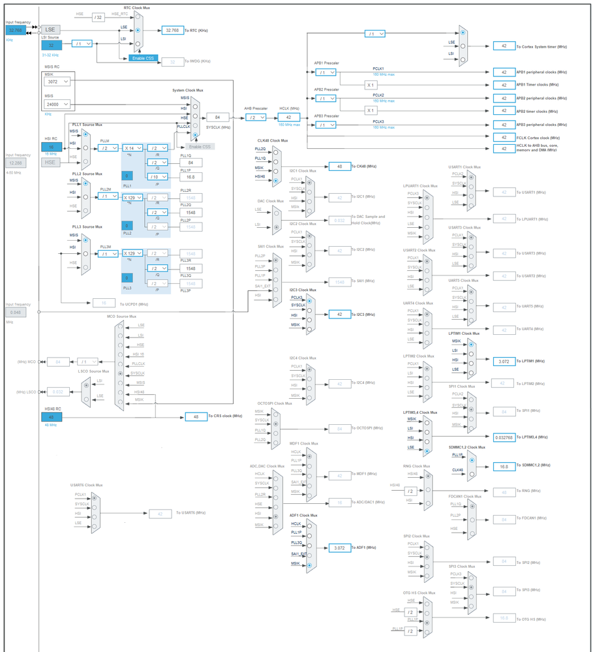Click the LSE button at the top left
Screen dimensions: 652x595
51,30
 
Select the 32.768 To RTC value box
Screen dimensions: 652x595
173,30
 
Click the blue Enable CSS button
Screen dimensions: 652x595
142,58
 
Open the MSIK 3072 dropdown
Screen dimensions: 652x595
57,82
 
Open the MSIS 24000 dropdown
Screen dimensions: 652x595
57,104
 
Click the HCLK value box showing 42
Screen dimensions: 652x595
288,117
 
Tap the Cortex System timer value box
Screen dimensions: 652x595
504,46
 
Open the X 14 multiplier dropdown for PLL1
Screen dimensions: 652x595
133,148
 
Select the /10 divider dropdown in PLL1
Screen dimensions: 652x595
157,177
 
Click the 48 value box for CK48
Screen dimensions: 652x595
340,166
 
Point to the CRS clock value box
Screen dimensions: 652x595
196,416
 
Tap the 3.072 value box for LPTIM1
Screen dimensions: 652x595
504,361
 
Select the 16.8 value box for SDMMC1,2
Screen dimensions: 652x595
504,465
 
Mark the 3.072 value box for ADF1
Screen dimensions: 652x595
340,548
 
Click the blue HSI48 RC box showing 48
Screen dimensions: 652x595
51,416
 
